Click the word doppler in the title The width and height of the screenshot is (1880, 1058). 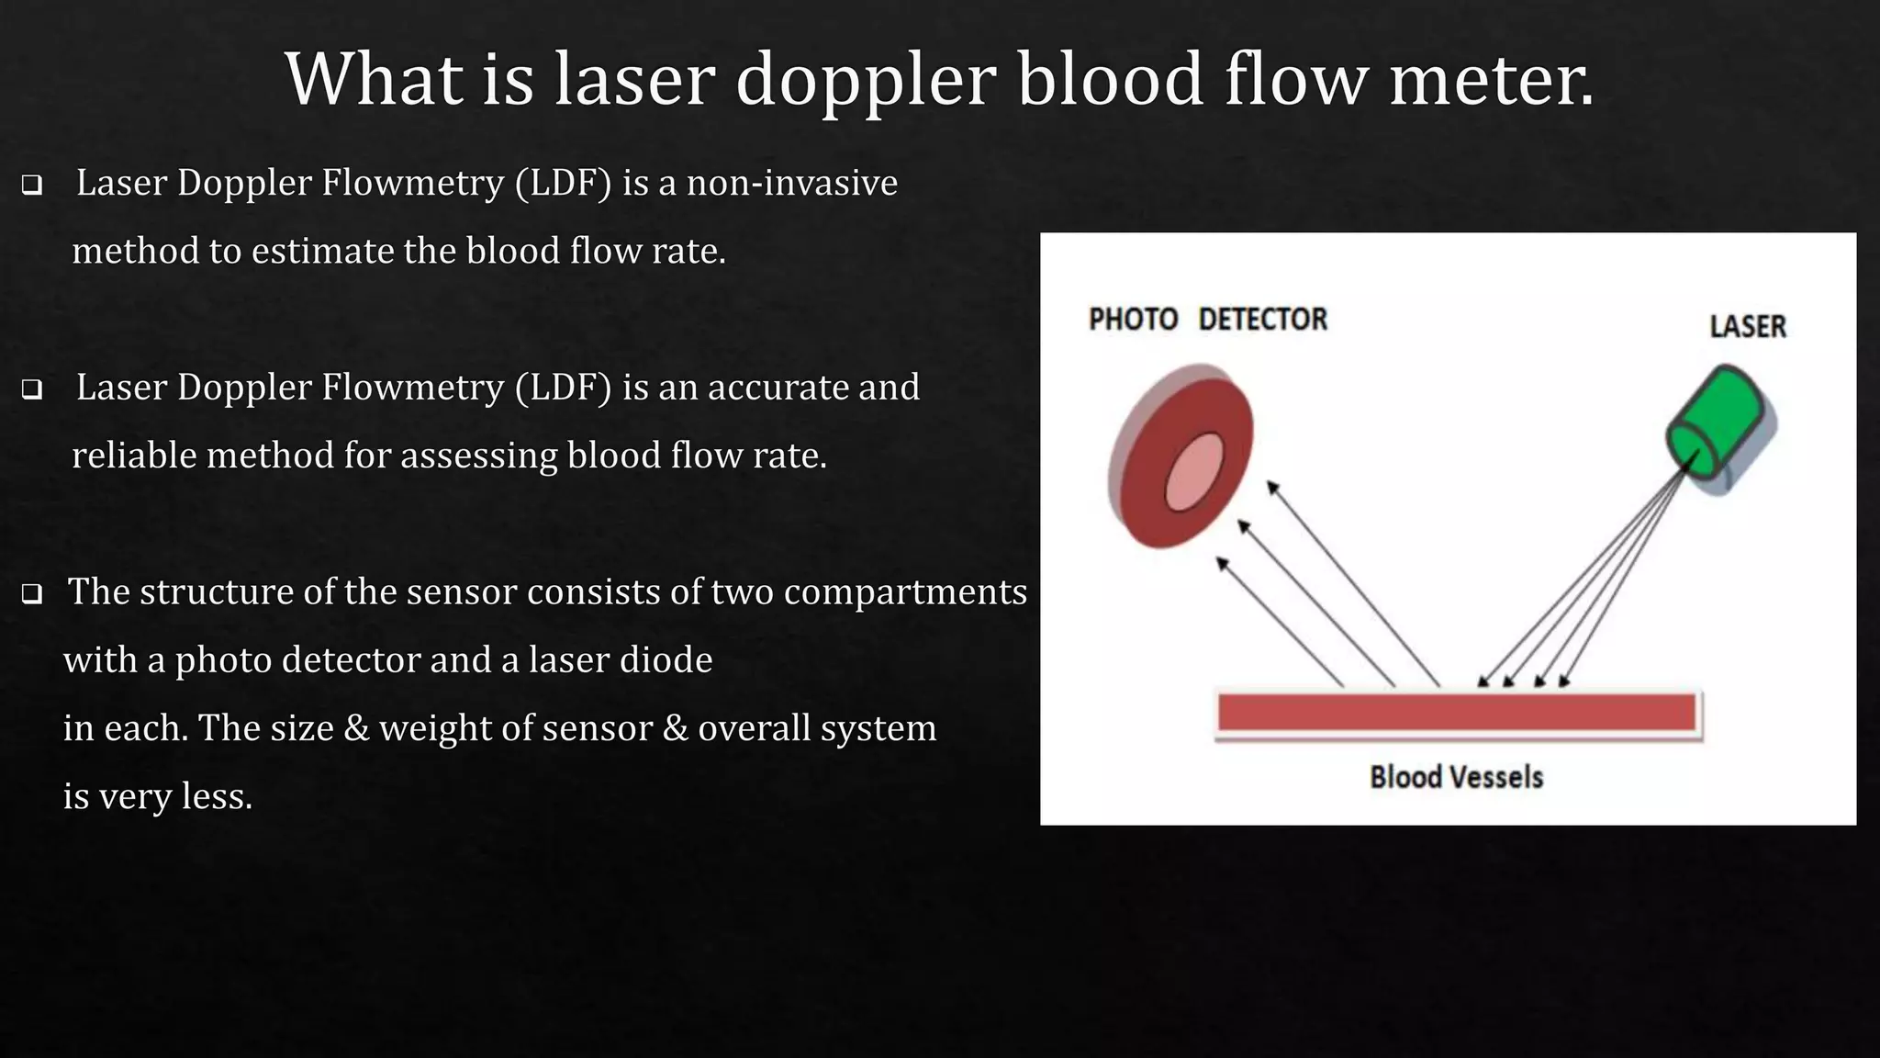865,81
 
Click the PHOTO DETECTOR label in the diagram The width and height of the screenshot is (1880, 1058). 1207,320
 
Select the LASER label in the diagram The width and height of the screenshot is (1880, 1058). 1747,327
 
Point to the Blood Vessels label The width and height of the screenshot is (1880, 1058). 1456,778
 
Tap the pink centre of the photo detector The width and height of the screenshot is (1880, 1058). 1194,471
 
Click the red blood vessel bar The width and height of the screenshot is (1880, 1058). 1456,713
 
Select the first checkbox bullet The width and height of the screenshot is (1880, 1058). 32,186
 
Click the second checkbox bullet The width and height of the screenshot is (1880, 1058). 32,390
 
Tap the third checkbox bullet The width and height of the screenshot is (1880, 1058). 32,595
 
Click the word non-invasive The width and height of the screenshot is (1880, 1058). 791,183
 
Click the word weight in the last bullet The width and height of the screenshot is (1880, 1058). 434,728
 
